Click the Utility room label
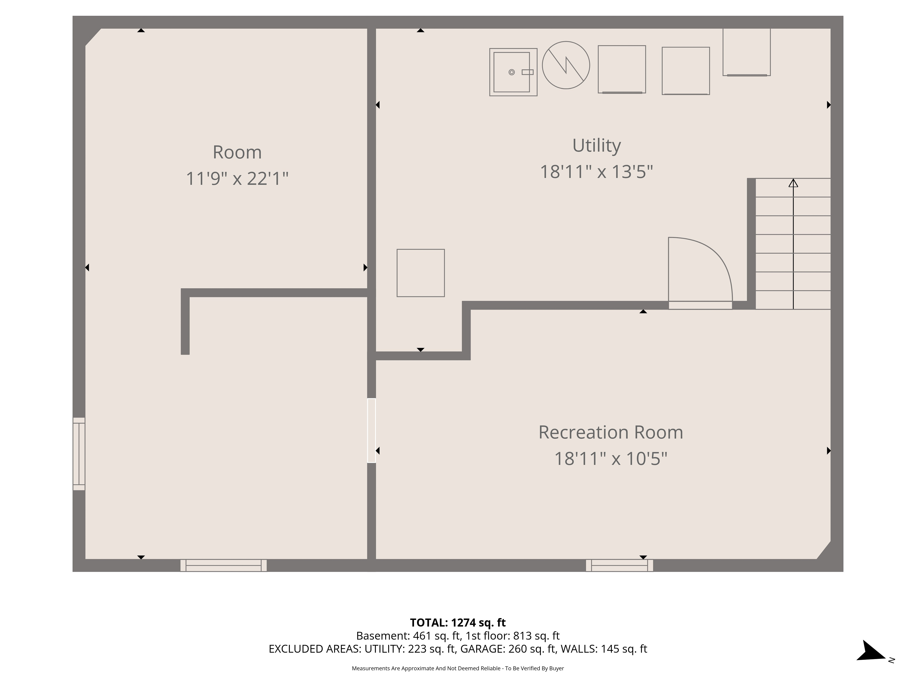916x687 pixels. (596, 145)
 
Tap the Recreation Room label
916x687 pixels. (610, 432)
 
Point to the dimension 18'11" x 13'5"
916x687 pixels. (596, 172)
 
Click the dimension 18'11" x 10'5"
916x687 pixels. (610, 459)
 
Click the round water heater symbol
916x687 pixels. (566, 65)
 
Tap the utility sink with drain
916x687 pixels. (513, 72)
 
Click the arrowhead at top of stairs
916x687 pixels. (793, 183)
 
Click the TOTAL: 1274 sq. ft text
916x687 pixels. (458, 623)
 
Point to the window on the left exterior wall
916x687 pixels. (79, 454)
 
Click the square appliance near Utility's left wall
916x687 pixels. (421, 273)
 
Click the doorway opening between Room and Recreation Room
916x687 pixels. (371, 431)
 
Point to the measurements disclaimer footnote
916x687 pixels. (458, 668)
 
